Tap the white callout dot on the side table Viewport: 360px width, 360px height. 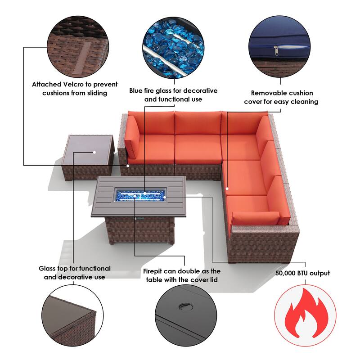point(94,152)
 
